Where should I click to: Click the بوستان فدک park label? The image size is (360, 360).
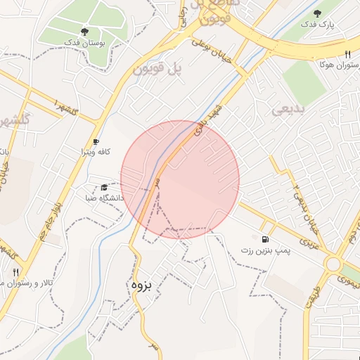85,44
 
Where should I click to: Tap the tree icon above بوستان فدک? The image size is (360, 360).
85,32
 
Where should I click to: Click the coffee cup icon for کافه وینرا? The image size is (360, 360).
96,141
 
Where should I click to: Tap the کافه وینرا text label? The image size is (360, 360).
96,152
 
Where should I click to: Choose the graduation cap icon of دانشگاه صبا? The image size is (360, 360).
104,188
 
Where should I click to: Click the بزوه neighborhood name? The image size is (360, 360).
139,286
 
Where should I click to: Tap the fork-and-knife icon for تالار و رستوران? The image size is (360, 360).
15,271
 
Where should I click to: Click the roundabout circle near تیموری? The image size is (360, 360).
333,264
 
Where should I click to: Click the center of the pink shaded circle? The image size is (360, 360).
180,179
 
